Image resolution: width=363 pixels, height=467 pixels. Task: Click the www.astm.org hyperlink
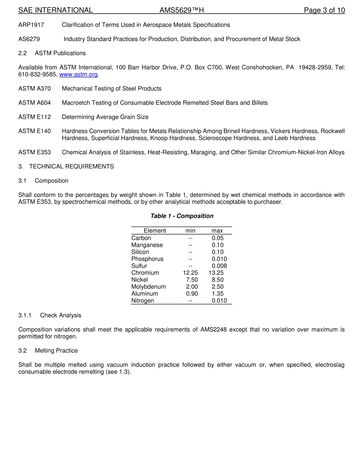pyautogui.click(x=78, y=74)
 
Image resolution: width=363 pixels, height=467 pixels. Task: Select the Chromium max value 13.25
pyautogui.click(x=216, y=273)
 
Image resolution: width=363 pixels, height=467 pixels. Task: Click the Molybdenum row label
pyautogui.click(x=148, y=287)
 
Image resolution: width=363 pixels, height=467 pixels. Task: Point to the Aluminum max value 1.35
pyautogui.click(x=217, y=294)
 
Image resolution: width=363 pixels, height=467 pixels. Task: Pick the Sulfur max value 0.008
pyautogui.click(x=219, y=266)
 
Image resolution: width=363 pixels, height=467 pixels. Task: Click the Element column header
pyautogui.click(x=155, y=230)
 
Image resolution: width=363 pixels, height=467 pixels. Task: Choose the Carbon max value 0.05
pyautogui.click(x=217, y=238)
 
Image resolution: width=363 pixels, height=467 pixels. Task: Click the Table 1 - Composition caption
pyautogui.click(x=182, y=216)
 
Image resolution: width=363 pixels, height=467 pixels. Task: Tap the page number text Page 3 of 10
pyautogui.click(x=324, y=10)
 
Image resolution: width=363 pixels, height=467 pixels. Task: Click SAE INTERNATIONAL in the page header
pyautogui.click(x=55, y=10)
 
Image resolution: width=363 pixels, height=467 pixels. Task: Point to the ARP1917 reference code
pyautogui.click(x=31, y=25)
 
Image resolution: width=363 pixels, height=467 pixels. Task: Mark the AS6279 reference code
pyautogui.click(x=29, y=39)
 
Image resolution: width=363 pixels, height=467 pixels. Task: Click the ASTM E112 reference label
pyautogui.click(x=34, y=117)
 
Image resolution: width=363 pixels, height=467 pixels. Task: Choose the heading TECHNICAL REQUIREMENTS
pyautogui.click(x=71, y=166)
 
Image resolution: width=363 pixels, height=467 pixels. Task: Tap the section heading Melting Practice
pyautogui.click(x=56, y=351)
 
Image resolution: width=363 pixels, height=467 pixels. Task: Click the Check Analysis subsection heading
pyautogui.click(x=60, y=315)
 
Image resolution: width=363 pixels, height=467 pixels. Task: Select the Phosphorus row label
pyautogui.click(x=147, y=259)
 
